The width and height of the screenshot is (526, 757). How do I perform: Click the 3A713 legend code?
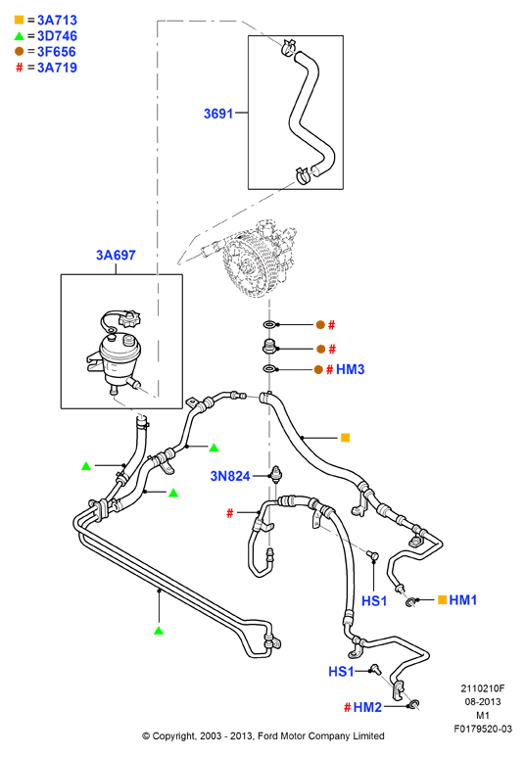[x=57, y=21]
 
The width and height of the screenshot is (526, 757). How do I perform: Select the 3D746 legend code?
[x=57, y=36]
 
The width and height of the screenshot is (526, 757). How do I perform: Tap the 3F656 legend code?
[x=57, y=52]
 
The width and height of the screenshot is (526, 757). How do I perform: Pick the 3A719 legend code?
[x=57, y=68]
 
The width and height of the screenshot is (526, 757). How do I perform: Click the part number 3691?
[x=218, y=114]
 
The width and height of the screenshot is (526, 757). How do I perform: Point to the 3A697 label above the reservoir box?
[x=116, y=255]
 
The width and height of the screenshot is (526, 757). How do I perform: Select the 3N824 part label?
[x=230, y=476]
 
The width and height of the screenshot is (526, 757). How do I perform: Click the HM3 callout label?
[x=351, y=369]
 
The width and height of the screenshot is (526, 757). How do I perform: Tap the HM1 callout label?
[x=462, y=600]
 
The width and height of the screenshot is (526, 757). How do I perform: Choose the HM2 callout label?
[x=367, y=707]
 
